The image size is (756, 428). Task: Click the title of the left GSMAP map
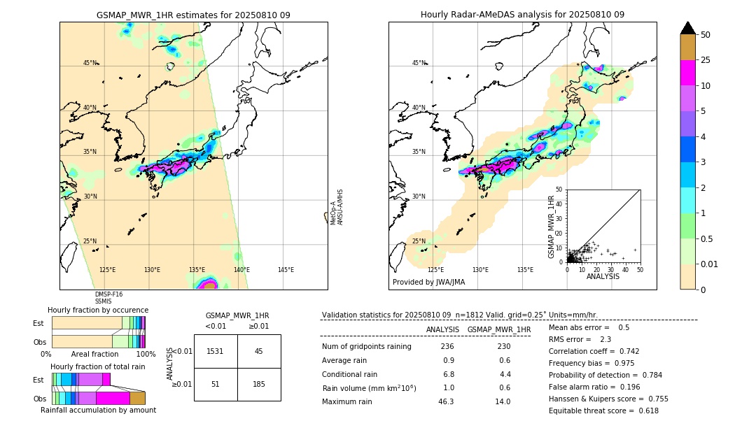[x=193, y=15]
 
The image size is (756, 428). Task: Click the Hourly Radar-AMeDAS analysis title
[x=522, y=15]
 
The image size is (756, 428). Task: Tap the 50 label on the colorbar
[x=706, y=35]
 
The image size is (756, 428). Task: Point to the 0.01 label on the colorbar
[x=710, y=264]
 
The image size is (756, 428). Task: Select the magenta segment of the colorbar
[x=687, y=73]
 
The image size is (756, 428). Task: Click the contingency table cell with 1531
[x=216, y=351]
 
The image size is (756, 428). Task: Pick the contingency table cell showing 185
[x=258, y=383]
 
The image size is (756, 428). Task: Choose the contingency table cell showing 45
[x=258, y=351]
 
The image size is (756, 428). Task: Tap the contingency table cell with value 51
[x=216, y=383]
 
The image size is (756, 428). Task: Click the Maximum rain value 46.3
[x=446, y=401]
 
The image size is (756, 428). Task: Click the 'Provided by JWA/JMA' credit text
[x=428, y=283]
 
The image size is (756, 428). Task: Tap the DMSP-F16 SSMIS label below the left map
[x=108, y=298]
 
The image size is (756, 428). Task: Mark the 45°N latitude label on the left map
[x=90, y=63]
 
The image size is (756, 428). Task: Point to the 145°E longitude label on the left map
[x=286, y=270]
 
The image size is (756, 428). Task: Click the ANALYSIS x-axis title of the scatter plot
[x=603, y=276]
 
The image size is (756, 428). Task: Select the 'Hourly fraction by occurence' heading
[x=98, y=310]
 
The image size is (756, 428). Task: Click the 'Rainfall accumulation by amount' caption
[x=98, y=410]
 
